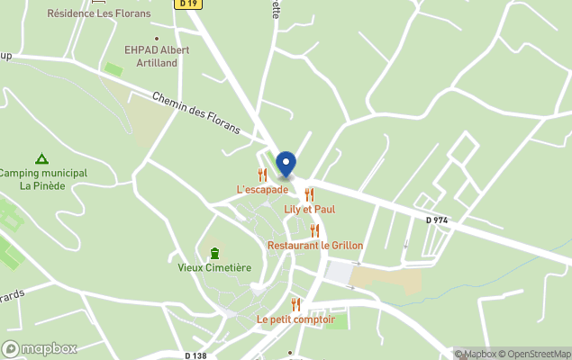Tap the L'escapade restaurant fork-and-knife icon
point(263,175)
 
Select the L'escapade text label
point(262,190)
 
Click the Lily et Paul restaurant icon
point(309,194)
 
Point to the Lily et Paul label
point(309,210)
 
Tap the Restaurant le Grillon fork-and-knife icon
point(314,230)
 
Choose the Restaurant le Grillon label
point(315,245)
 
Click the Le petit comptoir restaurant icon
point(295,304)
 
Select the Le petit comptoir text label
point(295,319)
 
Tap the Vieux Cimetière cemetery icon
point(214,253)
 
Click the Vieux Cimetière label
point(214,267)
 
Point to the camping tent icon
point(41,158)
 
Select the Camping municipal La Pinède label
point(42,179)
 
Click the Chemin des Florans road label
point(196,112)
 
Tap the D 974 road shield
point(437,220)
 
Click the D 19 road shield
point(188,4)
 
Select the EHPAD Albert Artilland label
point(157,56)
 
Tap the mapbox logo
point(41,348)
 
